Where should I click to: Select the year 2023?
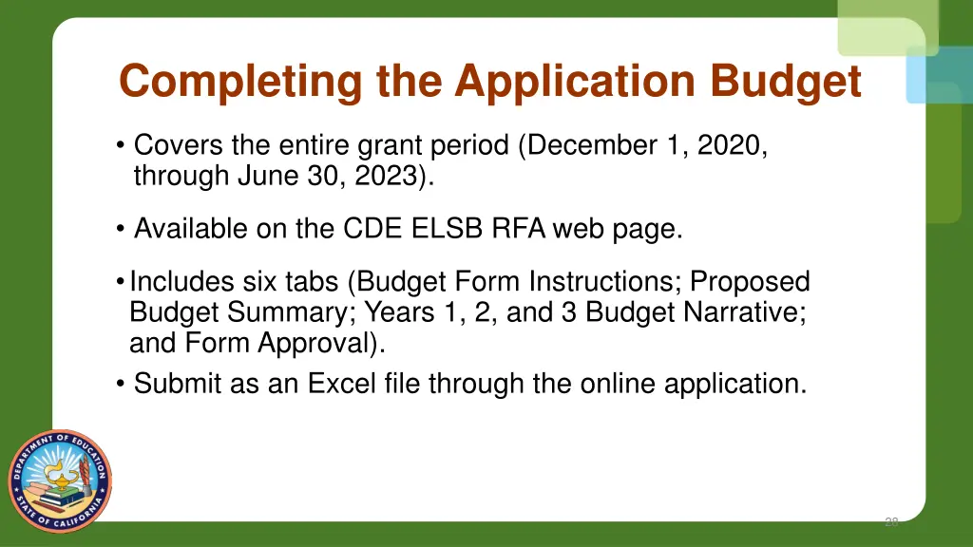click(386, 176)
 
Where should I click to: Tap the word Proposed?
click(750, 282)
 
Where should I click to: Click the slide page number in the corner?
click(890, 521)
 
